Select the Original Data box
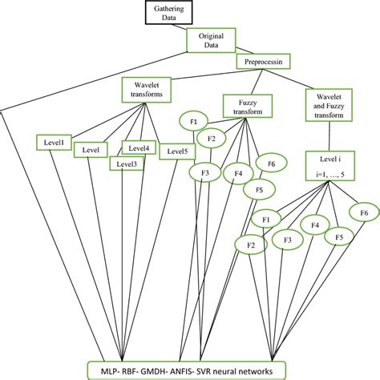point(212,40)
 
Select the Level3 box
point(127,164)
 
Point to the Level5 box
point(176,151)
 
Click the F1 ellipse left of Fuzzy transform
point(193,121)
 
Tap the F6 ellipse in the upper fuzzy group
point(270,164)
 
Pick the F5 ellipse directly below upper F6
point(258,190)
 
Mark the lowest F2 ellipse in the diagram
point(249,244)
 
